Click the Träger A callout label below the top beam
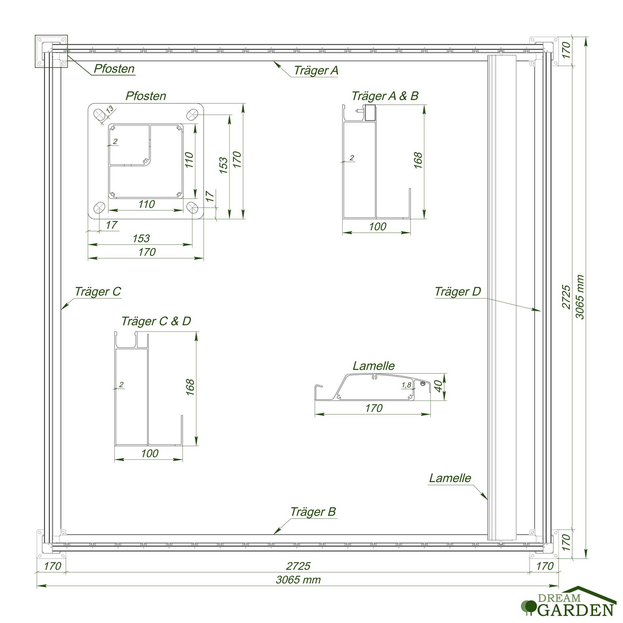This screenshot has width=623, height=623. (x=316, y=71)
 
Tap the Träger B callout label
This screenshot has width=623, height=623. (x=313, y=512)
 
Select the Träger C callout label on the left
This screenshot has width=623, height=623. (x=98, y=292)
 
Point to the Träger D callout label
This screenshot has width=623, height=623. (x=458, y=292)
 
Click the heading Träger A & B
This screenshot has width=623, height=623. (x=385, y=96)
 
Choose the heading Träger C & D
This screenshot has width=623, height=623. (x=156, y=321)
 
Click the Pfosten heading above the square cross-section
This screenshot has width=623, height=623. (x=146, y=96)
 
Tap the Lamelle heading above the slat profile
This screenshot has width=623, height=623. (x=373, y=366)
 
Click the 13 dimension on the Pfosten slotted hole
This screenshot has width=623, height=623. (x=110, y=109)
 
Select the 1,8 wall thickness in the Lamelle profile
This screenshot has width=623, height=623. (x=406, y=385)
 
